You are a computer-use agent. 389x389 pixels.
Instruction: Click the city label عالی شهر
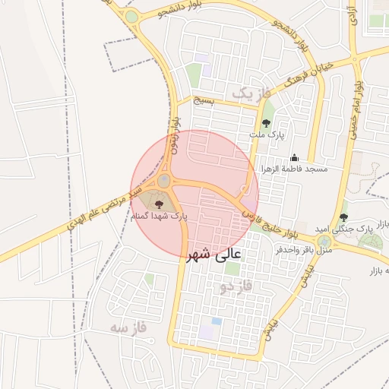(x=213, y=256)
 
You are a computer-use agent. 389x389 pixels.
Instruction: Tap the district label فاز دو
(x=235, y=287)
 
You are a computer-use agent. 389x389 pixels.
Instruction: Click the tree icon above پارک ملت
(x=266, y=122)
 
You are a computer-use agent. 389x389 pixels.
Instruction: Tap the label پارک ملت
(x=266, y=134)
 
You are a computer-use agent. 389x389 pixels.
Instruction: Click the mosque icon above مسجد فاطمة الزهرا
(x=295, y=157)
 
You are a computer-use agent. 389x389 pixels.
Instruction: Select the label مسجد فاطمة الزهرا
(x=295, y=168)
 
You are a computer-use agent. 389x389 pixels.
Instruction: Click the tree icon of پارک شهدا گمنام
(x=159, y=204)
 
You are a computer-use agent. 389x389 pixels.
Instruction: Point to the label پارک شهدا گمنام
(x=159, y=217)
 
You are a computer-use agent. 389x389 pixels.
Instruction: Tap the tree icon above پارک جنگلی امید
(x=343, y=217)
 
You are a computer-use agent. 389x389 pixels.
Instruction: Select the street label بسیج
(x=204, y=100)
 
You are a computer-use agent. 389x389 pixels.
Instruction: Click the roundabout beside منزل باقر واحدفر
(x=325, y=240)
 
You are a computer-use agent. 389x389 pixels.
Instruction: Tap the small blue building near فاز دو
(x=217, y=321)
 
